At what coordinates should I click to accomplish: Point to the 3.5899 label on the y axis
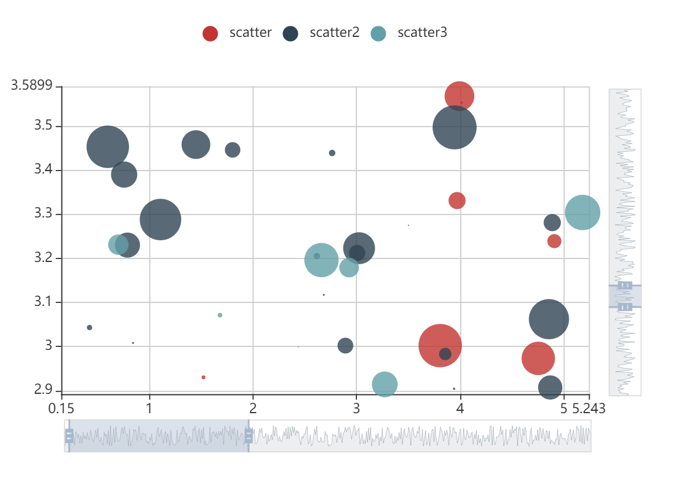[32, 86]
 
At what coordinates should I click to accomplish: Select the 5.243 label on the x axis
[589, 408]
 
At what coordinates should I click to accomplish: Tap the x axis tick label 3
[356, 408]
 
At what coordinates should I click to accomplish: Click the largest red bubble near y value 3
[440, 346]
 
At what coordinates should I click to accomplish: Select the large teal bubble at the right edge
[582, 213]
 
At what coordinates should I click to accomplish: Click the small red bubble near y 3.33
[457, 200]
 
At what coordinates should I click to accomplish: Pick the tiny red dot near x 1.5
[203, 377]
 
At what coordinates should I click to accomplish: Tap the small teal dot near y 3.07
[220, 315]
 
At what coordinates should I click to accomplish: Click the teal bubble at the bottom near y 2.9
[385, 384]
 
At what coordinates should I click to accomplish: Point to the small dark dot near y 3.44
[332, 153]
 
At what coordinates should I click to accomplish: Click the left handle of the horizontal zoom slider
[69, 436]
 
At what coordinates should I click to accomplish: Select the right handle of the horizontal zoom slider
[249, 436]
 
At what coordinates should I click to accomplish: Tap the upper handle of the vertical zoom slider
[625, 285]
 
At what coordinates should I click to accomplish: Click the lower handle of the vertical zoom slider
[625, 307]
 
